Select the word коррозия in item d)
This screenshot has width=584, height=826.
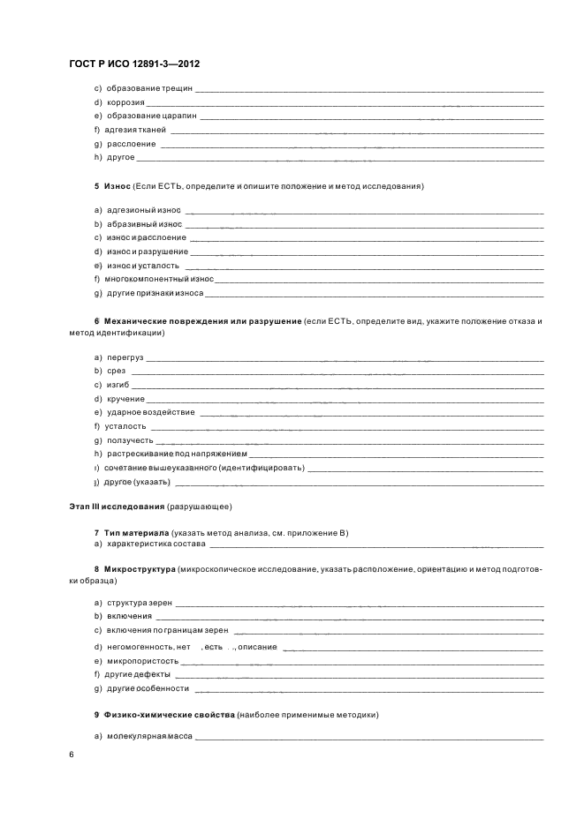[125, 102]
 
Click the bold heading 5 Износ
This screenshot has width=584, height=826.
[112, 187]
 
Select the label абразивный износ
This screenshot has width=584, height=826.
[143, 224]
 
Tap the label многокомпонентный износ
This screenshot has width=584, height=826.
[159, 279]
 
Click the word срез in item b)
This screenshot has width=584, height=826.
[116, 372]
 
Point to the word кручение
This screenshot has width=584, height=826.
[125, 399]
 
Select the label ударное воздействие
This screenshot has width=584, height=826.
[150, 412]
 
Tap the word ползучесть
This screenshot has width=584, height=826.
[130, 439]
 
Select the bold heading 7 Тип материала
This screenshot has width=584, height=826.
[133, 532]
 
